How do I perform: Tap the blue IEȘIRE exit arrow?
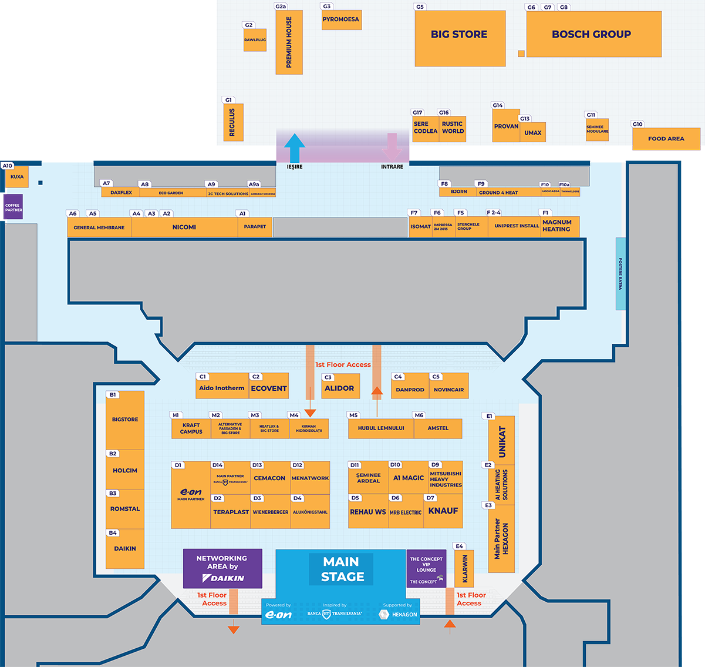(295, 148)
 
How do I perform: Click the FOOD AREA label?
(666, 139)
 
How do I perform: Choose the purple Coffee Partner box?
(14, 207)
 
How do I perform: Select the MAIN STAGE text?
(342, 569)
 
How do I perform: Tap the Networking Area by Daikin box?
(222, 568)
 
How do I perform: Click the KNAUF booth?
(443, 511)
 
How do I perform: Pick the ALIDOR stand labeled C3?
(339, 388)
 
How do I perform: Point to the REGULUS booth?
(232, 122)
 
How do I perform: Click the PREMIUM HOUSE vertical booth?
(289, 42)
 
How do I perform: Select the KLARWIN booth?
(464, 568)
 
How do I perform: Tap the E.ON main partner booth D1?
(191, 495)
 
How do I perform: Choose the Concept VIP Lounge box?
(426, 568)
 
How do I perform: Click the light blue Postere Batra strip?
(620, 274)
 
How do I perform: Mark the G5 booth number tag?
(420, 7)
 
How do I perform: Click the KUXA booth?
(17, 177)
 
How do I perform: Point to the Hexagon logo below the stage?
(399, 614)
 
